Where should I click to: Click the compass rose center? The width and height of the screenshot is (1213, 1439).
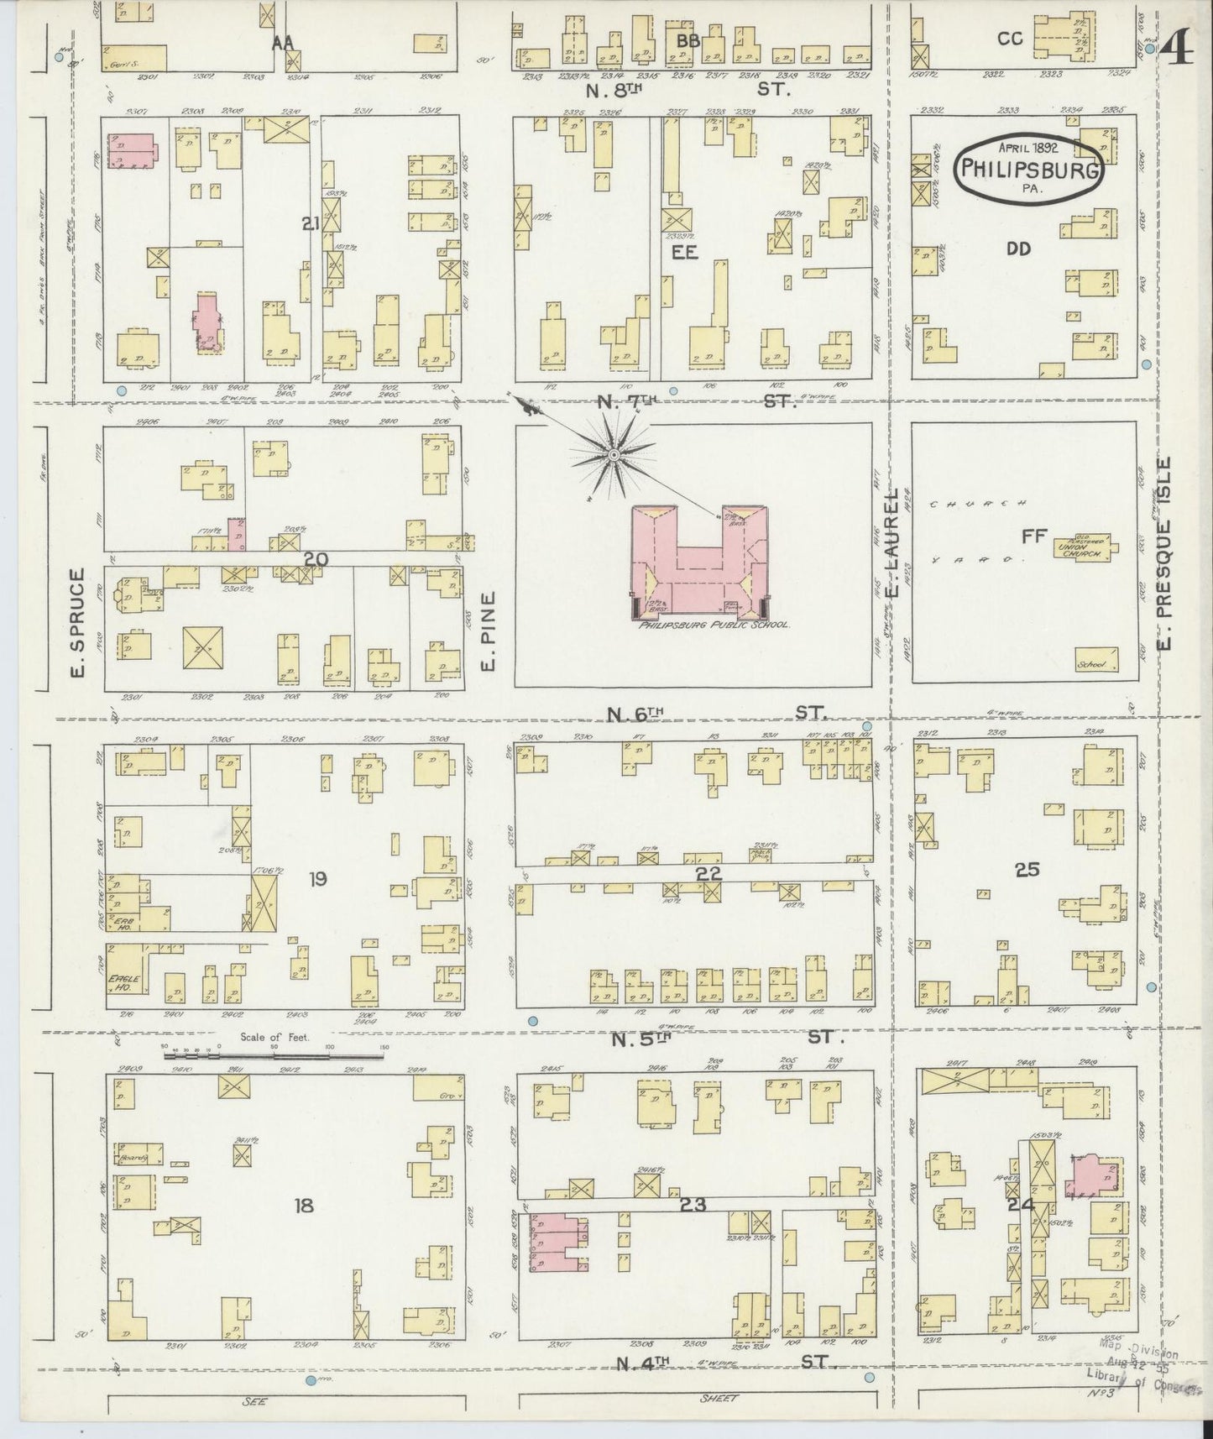point(614,454)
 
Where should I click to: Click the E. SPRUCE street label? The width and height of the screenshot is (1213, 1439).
point(78,622)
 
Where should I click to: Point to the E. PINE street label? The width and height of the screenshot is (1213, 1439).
point(489,631)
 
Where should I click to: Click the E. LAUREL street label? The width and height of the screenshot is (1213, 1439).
point(893,543)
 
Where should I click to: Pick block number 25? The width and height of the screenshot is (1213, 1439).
point(1027,870)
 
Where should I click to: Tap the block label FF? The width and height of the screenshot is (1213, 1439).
point(1030,535)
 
